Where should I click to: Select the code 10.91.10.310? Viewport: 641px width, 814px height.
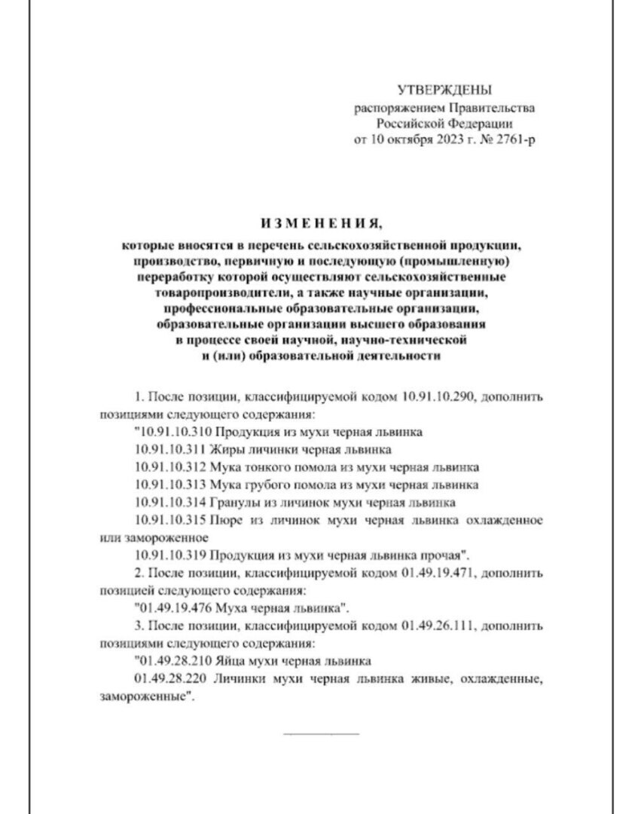[173, 432]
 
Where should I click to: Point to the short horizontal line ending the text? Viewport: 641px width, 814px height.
[322, 732]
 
